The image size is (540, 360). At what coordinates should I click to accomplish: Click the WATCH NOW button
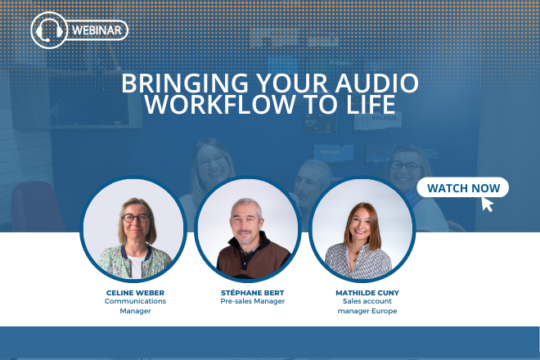pyautogui.click(x=463, y=188)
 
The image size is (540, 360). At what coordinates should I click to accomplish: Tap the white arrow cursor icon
pyautogui.click(x=488, y=204)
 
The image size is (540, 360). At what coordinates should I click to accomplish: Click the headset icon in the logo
pyautogui.click(x=48, y=30)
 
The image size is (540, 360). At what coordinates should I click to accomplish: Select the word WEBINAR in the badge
pyautogui.click(x=99, y=31)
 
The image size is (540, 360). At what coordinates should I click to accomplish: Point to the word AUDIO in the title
pyautogui.click(x=377, y=84)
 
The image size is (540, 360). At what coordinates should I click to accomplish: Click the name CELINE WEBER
pyautogui.click(x=136, y=291)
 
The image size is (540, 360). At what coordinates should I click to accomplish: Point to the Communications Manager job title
pyautogui.click(x=136, y=306)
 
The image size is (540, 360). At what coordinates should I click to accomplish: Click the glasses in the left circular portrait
pyautogui.click(x=136, y=218)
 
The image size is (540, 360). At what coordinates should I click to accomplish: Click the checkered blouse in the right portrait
pyautogui.click(x=360, y=262)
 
